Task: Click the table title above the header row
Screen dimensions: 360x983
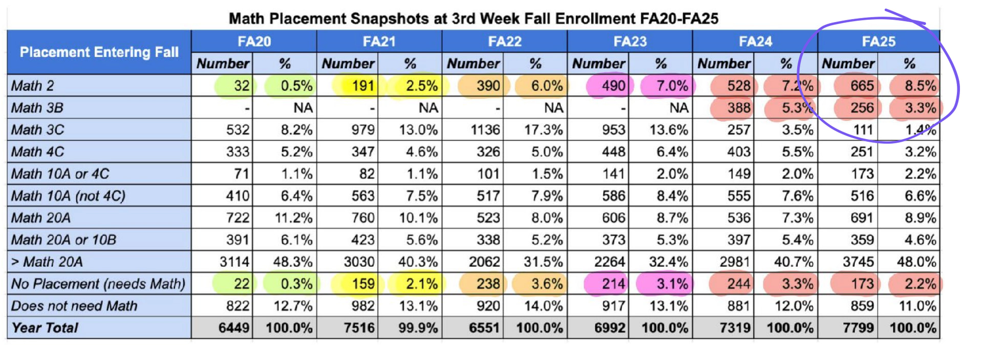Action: (473, 18)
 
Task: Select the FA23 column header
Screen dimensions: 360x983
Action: (630, 41)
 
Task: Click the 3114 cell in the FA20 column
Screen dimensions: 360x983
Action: (234, 262)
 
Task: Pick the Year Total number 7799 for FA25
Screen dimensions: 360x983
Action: (858, 328)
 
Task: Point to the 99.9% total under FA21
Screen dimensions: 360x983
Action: (418, 328)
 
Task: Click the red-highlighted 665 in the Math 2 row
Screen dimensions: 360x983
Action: (862, 86)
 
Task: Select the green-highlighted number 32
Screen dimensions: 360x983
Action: (241, 86)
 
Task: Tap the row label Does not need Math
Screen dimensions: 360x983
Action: (74, 306)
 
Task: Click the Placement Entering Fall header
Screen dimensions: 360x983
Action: (99, 52)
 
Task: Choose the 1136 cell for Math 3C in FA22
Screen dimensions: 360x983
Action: (485, 130)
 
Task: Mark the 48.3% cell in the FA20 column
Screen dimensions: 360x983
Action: (292, 262)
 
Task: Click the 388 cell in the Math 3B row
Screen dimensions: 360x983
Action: (738, 108)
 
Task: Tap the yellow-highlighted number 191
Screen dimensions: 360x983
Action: (363, 86)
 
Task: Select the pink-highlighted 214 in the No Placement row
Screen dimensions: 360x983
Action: (613, 284)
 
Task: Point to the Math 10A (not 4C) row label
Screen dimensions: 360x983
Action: (68, 196)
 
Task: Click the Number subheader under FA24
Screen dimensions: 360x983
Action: (723, 63)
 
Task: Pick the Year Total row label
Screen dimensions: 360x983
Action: (45, 328)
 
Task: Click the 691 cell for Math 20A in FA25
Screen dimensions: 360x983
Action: (862, 218)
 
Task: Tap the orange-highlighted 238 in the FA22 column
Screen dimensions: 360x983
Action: (488, 284)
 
